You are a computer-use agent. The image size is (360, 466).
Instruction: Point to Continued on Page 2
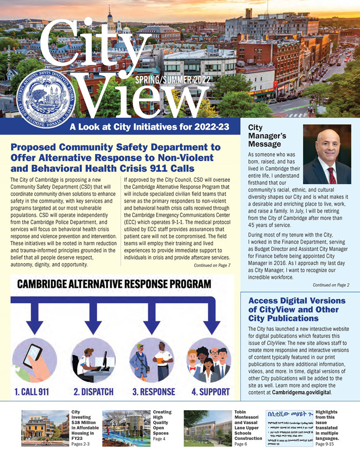click(x=331, y=285)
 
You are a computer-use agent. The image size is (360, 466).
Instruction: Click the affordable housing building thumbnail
click(x=45, y=428)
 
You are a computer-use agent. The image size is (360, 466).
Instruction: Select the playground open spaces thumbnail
click(x=126, y=428)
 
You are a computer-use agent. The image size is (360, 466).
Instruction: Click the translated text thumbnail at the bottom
click(x=289, y=428)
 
